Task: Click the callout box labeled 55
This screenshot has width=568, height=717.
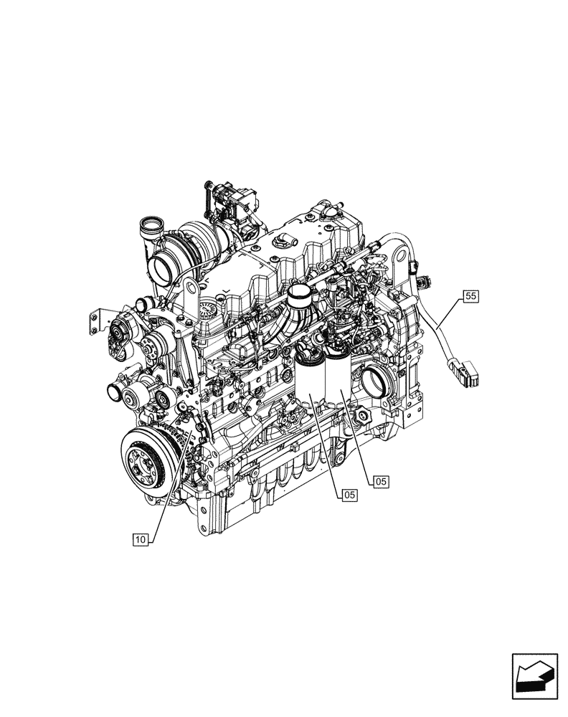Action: point(470,295)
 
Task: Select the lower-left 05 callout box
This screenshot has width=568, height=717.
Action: point(349,494)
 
